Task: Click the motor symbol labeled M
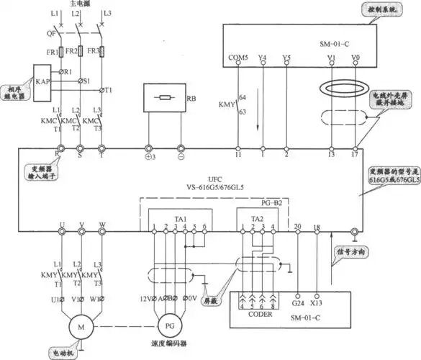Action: [x=81, y=328]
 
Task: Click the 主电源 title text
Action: [x=81, y=4]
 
